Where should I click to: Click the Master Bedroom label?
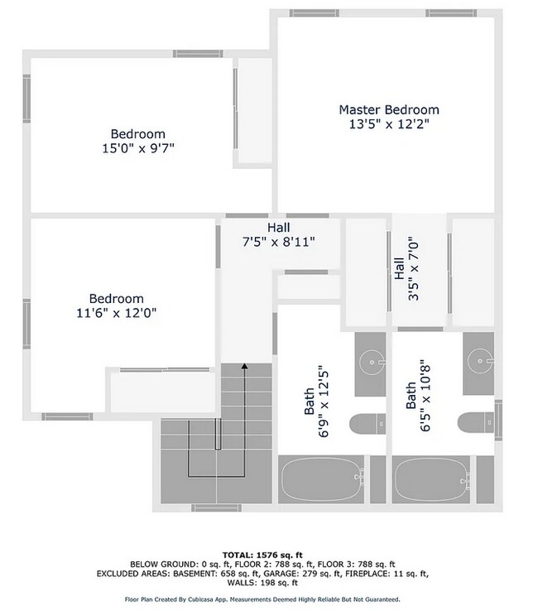click(388, 109)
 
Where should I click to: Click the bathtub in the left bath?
click(322, 479)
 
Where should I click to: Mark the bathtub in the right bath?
click(429, 479)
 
